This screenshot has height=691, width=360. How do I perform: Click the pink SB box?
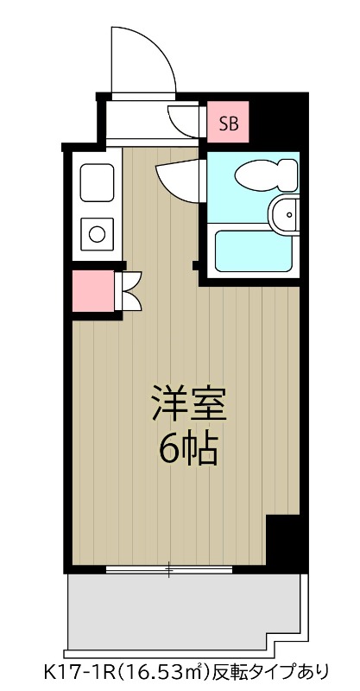click(x=229, y=124)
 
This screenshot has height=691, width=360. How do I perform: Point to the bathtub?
click(x=250, y=250)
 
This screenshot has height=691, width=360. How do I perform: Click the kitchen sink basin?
click(x=96, y=182)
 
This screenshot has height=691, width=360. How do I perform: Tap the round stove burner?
click(x=97, y=232)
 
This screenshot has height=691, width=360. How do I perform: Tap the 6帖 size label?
click(x=188, y=448)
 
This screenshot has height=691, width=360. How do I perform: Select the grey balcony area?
click(x=181, y=612)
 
